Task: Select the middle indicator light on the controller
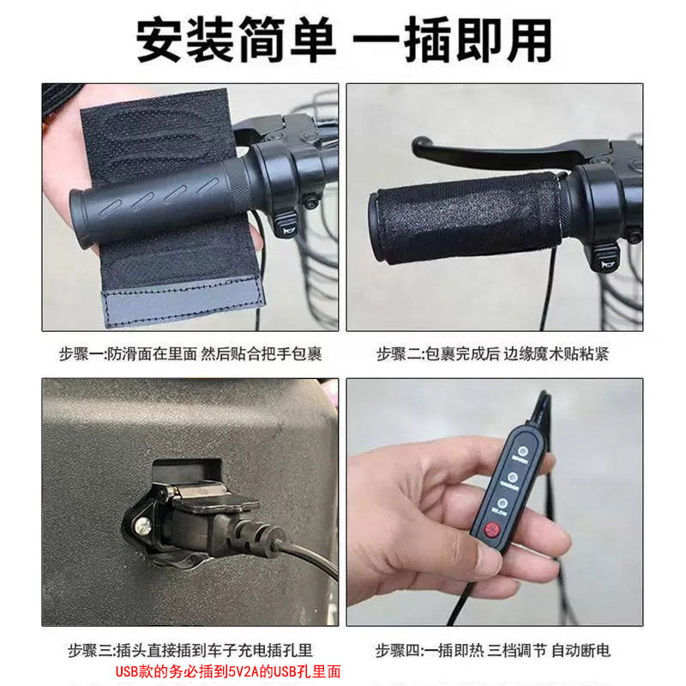(510, 477)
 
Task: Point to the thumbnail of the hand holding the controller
(495, 502)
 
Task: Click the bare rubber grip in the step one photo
(154, 202)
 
